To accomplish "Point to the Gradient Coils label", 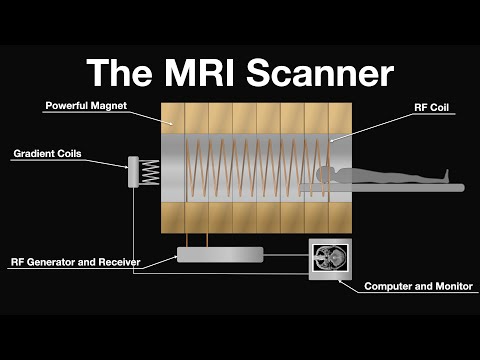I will (x=47, y=154).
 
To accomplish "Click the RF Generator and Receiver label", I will (x=76, y=262).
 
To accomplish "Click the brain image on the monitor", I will (x=329, y=260).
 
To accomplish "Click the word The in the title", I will (x=112, y=73).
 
